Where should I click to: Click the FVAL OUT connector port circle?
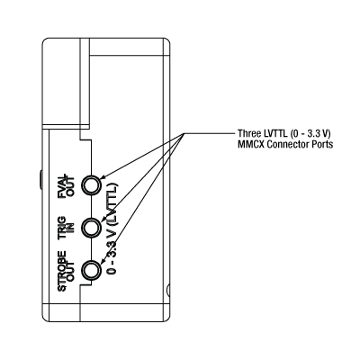[x=91, y=185]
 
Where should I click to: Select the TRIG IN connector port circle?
[x=91, y=228]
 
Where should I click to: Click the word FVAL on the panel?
[x=62, y=187]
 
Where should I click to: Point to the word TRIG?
[x=62, y=229]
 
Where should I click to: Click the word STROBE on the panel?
[x=62, y=271]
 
